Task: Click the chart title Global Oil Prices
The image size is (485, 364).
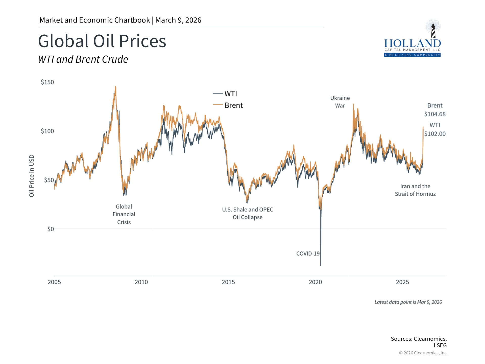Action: point(102,41)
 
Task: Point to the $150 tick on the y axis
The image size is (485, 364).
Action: point(47,82)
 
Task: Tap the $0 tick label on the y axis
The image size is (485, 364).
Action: point(51,229)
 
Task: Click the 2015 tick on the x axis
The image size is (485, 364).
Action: point(228,282)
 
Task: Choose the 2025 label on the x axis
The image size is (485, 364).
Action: point(402,282)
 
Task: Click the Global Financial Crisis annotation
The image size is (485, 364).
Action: point(124,214)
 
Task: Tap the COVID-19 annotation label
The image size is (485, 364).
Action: point(308,254)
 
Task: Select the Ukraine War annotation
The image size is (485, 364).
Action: point(340,102)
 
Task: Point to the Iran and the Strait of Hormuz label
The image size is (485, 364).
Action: point(415,190)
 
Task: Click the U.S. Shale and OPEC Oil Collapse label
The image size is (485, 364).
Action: point(248,213)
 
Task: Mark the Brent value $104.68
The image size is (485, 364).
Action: point(435,114)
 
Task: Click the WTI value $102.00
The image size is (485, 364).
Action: point(435,134)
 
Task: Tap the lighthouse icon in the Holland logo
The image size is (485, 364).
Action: point(433,30)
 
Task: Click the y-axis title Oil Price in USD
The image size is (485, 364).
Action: point(32,176)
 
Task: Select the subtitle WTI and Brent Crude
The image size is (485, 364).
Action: point(83,59)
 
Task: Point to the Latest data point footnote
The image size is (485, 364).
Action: point(408,302)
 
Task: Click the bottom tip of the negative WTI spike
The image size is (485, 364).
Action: point(321,265)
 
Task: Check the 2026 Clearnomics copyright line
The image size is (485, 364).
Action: point(423,353)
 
